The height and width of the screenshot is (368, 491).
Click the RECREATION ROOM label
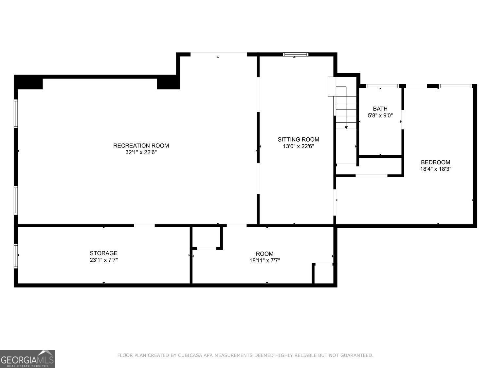point(141,146)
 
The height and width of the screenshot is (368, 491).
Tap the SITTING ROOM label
point(299,139)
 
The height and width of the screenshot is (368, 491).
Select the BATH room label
point(380,109)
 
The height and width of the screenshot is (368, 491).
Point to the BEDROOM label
point(435,162)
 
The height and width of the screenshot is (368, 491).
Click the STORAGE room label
point(103,253)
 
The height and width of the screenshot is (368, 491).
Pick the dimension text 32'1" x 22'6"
point(141,152)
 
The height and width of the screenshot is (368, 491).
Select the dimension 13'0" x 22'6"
point(299,146)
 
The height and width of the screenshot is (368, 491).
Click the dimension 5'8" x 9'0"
point(380,115)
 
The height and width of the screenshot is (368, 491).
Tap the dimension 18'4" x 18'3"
point(436,169)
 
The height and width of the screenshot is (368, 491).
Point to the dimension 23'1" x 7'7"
point(103,260)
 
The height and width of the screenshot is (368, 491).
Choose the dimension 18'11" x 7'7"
point(264,260)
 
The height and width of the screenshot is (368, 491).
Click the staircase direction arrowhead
point(346,128)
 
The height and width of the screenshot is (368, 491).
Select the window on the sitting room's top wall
point(296,54)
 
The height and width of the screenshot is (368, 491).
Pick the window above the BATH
point(382,86)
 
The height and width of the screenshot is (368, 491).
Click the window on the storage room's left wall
point(16,256)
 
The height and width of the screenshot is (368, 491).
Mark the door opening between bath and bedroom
point(403,119)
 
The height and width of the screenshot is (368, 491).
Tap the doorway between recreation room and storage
point(144,225)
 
